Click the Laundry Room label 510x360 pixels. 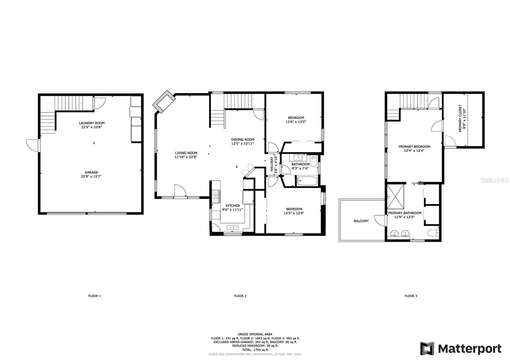92,123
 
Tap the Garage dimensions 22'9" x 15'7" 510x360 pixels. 91,176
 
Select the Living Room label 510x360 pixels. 186,153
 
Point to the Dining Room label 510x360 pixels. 243,140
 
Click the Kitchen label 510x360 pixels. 233,206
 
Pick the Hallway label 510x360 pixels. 272,164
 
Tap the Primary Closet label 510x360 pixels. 460,118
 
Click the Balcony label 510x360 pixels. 361,221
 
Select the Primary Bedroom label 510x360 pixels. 414,147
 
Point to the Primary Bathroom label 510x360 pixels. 404,213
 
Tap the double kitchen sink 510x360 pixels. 233,227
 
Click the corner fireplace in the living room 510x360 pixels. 164,102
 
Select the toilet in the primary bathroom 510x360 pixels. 433,233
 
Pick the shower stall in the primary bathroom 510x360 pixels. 396,197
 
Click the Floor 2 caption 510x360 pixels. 240,296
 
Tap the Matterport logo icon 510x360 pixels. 427,349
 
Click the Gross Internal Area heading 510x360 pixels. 255,334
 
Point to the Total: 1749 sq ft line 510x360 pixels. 255,350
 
